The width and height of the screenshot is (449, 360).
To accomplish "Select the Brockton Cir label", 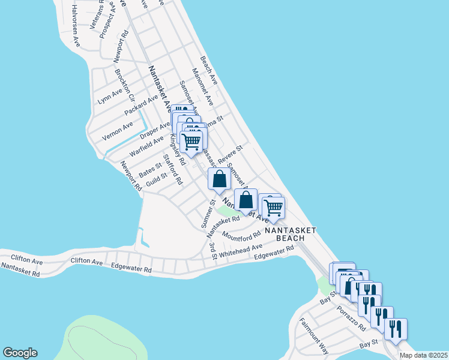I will (x=125, y=84).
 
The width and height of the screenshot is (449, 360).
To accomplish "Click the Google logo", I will (x=20, y=353).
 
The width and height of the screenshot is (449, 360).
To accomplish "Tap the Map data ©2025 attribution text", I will (x=423, y=355).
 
